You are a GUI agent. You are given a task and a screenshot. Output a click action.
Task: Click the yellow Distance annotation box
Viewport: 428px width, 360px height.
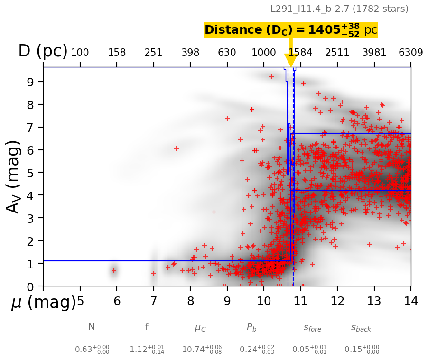pos(290,30)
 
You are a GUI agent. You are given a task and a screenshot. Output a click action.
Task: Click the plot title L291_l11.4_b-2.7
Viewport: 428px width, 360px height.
pos(339,9)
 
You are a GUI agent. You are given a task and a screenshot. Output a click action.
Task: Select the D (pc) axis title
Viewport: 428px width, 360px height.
pos(43,51)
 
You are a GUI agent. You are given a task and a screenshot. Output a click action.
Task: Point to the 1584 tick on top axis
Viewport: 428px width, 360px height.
pos(300,53)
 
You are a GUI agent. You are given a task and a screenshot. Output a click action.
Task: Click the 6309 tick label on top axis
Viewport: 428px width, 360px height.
pos(410,53)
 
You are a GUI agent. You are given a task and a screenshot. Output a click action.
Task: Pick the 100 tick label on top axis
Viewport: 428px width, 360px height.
pos(80,53)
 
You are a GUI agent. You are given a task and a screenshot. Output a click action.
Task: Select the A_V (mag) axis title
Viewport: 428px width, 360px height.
pos(14,176)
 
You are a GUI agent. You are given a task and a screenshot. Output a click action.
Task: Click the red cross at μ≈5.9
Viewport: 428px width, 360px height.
pos(114,271)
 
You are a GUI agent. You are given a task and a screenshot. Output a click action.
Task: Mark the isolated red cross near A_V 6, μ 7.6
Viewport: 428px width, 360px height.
pos(177,148)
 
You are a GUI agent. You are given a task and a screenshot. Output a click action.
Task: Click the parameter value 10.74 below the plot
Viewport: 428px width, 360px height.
pos(202,350)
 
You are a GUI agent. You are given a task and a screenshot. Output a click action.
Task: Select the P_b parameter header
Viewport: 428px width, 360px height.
pos(251,327)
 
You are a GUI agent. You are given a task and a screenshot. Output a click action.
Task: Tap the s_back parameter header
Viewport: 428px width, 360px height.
pos(361,327)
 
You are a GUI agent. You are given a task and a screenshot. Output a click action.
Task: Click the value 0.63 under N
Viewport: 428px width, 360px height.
pos(92,350)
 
